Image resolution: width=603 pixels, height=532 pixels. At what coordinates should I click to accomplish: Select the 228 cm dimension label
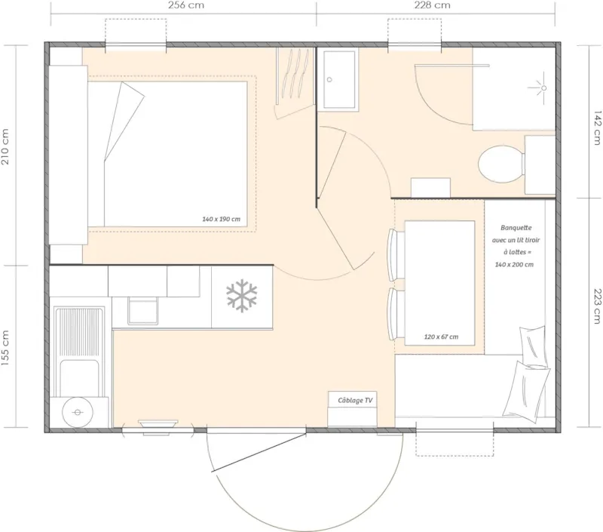(x=432, y=5)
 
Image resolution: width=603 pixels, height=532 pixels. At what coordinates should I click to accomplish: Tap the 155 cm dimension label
(x=7, y=348)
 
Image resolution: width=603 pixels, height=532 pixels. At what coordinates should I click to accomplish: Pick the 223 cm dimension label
(x=596, y=306)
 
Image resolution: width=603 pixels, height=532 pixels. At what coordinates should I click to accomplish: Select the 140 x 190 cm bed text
(x=221, y=220)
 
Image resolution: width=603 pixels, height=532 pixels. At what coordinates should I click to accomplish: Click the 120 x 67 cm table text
(x=439, y=337)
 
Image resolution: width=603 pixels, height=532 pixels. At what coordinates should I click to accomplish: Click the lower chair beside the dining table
(x=392, y=312)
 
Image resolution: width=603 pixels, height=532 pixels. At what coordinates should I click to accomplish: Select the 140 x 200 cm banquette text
(x=515, y=264)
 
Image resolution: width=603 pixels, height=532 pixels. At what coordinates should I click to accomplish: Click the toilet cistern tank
(x=539, y=164)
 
